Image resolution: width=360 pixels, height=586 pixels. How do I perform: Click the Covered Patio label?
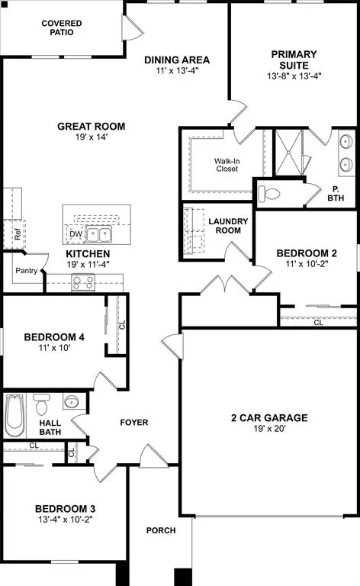(62, 28)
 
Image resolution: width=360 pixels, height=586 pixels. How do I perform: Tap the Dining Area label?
(178, 60)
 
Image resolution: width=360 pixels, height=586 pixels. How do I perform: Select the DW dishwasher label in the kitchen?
(75, 234)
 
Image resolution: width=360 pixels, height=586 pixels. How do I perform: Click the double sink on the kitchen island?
(98, 234)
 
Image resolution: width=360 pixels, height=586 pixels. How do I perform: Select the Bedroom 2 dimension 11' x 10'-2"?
(306, 263)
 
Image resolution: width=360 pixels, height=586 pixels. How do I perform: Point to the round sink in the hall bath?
(72, 401)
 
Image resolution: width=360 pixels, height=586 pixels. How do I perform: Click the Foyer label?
(134, 422)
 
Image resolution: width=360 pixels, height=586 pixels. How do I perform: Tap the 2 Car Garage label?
(269, 417)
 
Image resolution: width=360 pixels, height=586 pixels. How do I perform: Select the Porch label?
(161, 530)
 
